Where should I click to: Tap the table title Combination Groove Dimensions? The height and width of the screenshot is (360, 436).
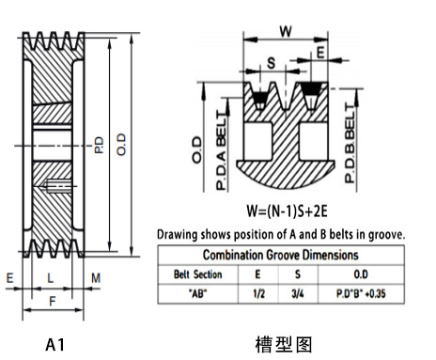click(x=282, y=255)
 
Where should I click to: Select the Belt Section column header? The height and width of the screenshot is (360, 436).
click(x=195, y=274)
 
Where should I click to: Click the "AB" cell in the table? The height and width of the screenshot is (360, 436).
click(x=195, y=292)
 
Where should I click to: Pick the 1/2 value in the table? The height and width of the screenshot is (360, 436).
click(x=257, y=292)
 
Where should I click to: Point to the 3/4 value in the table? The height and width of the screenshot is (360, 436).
click(x=299, y=292)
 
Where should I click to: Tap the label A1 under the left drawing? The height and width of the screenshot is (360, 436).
click(x=55, y=344)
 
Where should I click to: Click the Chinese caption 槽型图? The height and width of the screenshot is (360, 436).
click(x=283, y=344)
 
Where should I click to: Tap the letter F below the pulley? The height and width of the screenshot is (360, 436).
click(x=53, y=301)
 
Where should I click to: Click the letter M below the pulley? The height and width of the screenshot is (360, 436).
click(x=96, y=277)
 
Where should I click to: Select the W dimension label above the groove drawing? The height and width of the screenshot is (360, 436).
click(x=287, y=29)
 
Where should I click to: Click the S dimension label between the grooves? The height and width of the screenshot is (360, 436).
click(x=271, y=64)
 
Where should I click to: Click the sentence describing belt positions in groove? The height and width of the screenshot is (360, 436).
click(x=281, y=233)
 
